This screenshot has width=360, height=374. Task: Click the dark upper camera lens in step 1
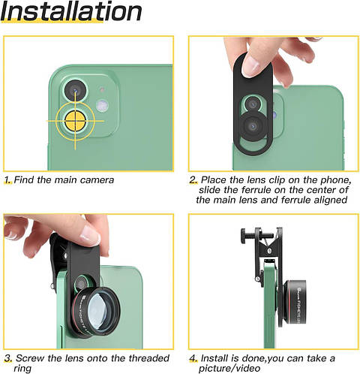click(76, 91)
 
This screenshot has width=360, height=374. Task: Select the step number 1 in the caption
click(7, 180)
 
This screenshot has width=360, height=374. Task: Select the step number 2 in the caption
click(193, 180)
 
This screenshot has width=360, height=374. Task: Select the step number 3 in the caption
click(7, 358)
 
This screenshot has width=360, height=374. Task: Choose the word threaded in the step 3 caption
click(143, 358)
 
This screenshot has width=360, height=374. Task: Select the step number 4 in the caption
click(193, 358)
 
